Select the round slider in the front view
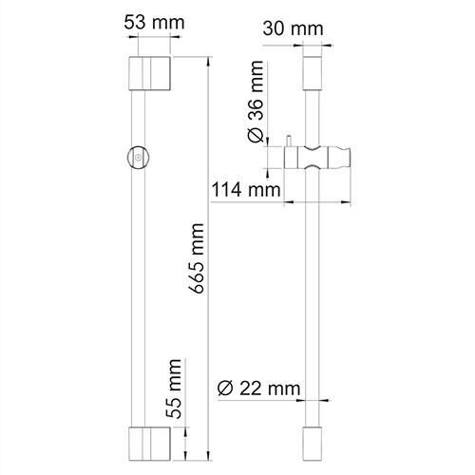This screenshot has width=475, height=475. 139,157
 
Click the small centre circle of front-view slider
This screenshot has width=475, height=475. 139,157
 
